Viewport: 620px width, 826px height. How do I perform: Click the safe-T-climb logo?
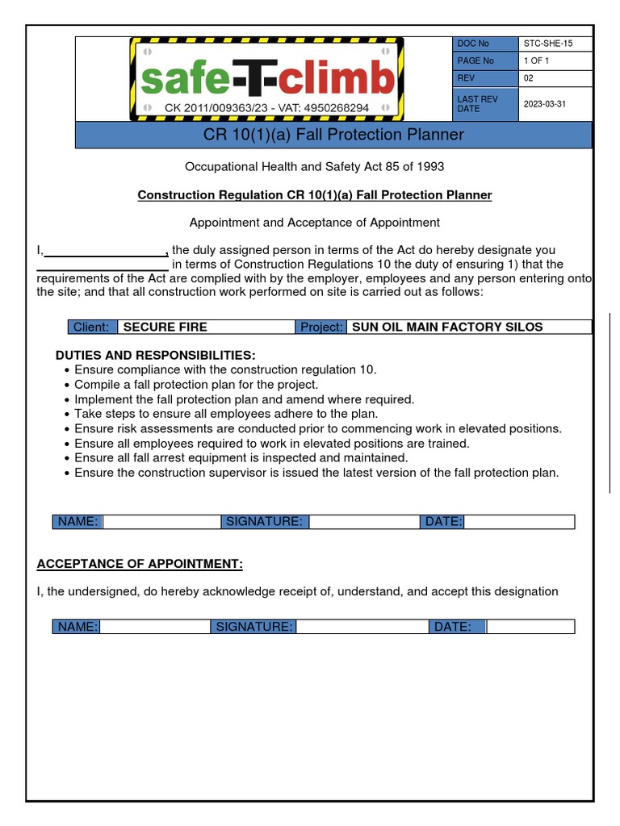[x=266, y=80]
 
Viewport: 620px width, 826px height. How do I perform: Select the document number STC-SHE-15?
[x=548, y=44]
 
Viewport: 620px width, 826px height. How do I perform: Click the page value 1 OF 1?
[x=537, y=61]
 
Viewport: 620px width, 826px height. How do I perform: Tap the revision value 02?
[x=529, y=78]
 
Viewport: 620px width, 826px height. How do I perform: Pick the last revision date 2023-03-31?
[x=545, y=104]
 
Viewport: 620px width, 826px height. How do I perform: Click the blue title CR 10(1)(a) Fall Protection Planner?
[x=333, y=135]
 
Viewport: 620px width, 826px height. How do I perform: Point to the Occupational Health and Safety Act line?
[x=314, y=167]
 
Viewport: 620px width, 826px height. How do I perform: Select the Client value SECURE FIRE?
[x=165, y=327]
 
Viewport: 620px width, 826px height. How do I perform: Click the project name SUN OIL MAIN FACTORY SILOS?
[x=447, y=327]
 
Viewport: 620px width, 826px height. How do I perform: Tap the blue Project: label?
[x=321, y=327]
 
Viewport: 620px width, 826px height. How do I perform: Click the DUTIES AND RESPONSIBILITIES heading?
[x=155, y=356]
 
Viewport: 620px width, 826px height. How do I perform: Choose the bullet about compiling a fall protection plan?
[x=196, y=385]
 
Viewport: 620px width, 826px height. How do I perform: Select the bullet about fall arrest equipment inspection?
[x=241, y=457]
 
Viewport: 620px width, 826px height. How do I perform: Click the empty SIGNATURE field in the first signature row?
[x=364, y=522]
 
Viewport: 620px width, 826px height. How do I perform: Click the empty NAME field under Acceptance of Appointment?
[x=155, y=627]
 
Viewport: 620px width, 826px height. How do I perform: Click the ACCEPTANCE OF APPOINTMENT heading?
[x=140, y=564]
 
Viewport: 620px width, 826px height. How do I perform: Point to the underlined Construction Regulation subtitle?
[x=314, y=195]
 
